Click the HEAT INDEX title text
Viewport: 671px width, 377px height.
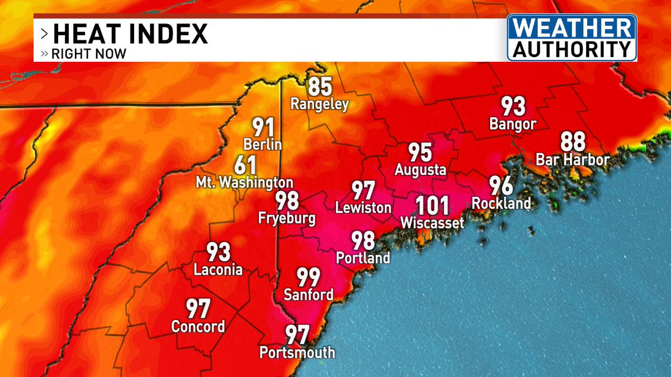coord(130,35)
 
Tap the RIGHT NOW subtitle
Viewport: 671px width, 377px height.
coord(88,54)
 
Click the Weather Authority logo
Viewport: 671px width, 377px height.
coord(571,37)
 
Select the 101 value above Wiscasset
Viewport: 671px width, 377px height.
coord(432,207)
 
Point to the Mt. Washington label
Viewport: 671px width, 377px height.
coord(244,183)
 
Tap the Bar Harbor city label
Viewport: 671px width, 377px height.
coord(572,160)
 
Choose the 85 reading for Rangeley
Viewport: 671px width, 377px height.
coord(319,87)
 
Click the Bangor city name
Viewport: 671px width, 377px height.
coord(512,124)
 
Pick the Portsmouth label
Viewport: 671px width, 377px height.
coord(297,352)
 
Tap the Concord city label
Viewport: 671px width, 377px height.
coord(198,326)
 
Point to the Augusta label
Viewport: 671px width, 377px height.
coord(420,169)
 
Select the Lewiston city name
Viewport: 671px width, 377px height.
coord(363,208)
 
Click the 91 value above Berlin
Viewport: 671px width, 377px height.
coord(262,127)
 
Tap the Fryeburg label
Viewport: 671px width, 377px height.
coord(286,218)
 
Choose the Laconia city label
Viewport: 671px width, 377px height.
coord(218,270)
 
